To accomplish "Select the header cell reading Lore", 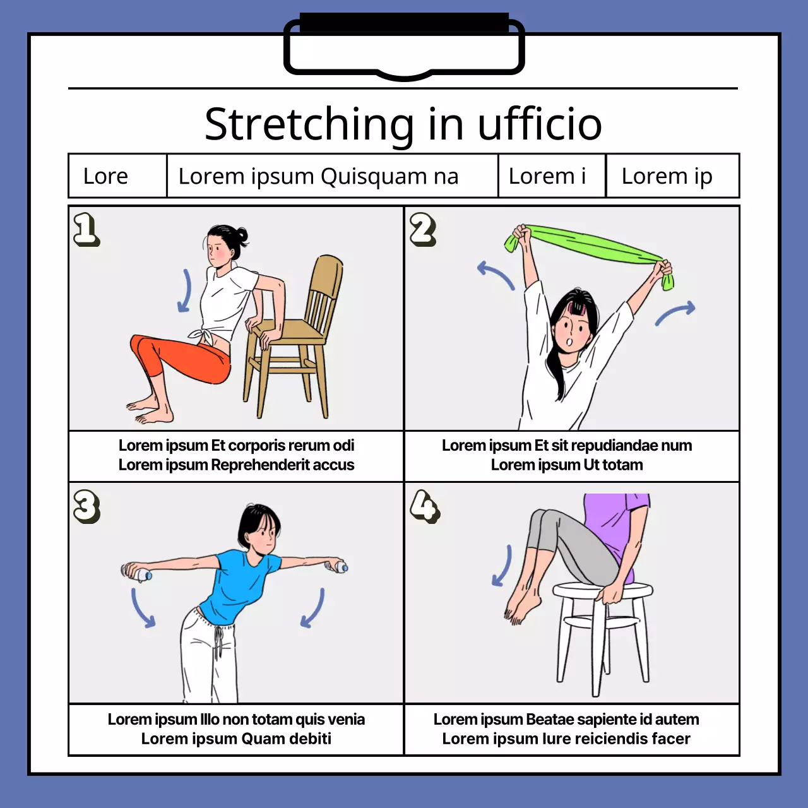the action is coord(117,175).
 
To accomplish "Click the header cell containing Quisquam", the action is coord(332,175).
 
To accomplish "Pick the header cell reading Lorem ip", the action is coord(672,175).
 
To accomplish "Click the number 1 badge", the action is coord(86,229).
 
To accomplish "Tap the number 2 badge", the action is coord(423,229).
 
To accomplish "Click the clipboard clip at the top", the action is coord(404,46).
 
